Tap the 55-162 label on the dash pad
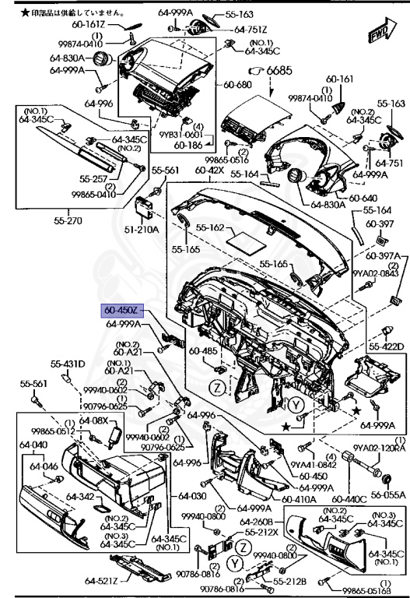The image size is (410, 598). (x=210, y=228)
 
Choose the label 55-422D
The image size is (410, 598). (x=386, y=346)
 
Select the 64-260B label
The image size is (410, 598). (x=256, y=521)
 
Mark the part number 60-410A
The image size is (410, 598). (x=298, y=499)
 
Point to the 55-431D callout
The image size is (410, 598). (x=68, y=364)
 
